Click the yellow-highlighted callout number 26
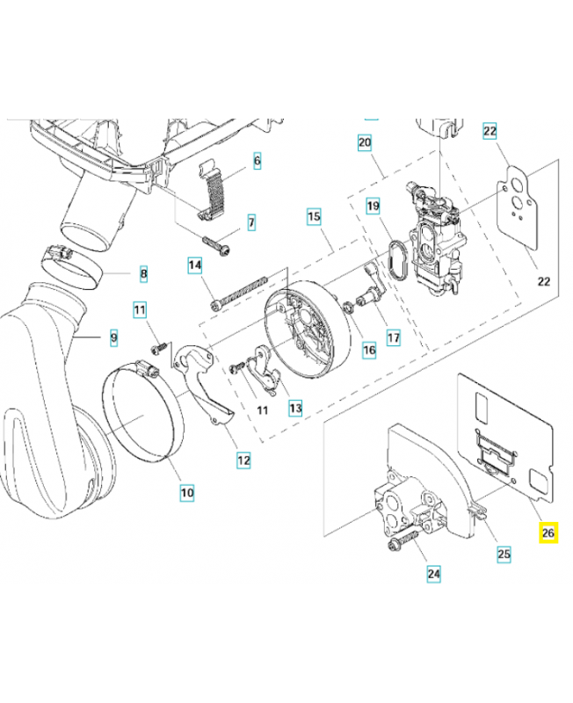click(x=548, y=533)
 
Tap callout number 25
click(x=504, y=554)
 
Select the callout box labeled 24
click(x=434, y=575)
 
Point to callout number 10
click(x=187, y=493)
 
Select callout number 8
click(x=143, y=274)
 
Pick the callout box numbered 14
click(x=195, y=265)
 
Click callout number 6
click(x=257, y=161)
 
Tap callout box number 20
click(x=365, y=142)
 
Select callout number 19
click(x=373, y=207)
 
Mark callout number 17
click(x=392, y=337)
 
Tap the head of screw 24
click(x=392, y=547)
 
